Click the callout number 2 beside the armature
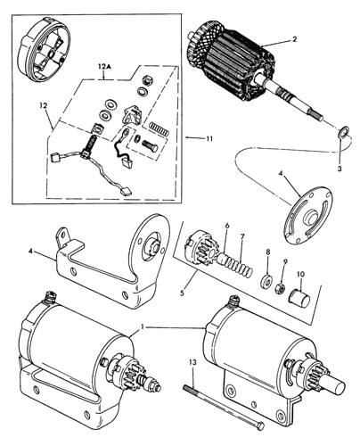click(294, 38)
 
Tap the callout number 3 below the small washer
click(340, 169)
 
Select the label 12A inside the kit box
click(103, 68)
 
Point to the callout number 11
click(209, 138)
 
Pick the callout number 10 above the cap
click(300, 274)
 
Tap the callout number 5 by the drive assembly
click(182, 293)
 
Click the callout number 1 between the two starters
click(143, 326)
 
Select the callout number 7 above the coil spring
click(242, 236)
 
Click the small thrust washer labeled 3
click(344, 131)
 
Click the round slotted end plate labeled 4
click(308, 215)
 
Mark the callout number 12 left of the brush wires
click(44, 105)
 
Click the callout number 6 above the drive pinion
click(227, 226)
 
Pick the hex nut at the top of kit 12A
click(145, 79)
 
